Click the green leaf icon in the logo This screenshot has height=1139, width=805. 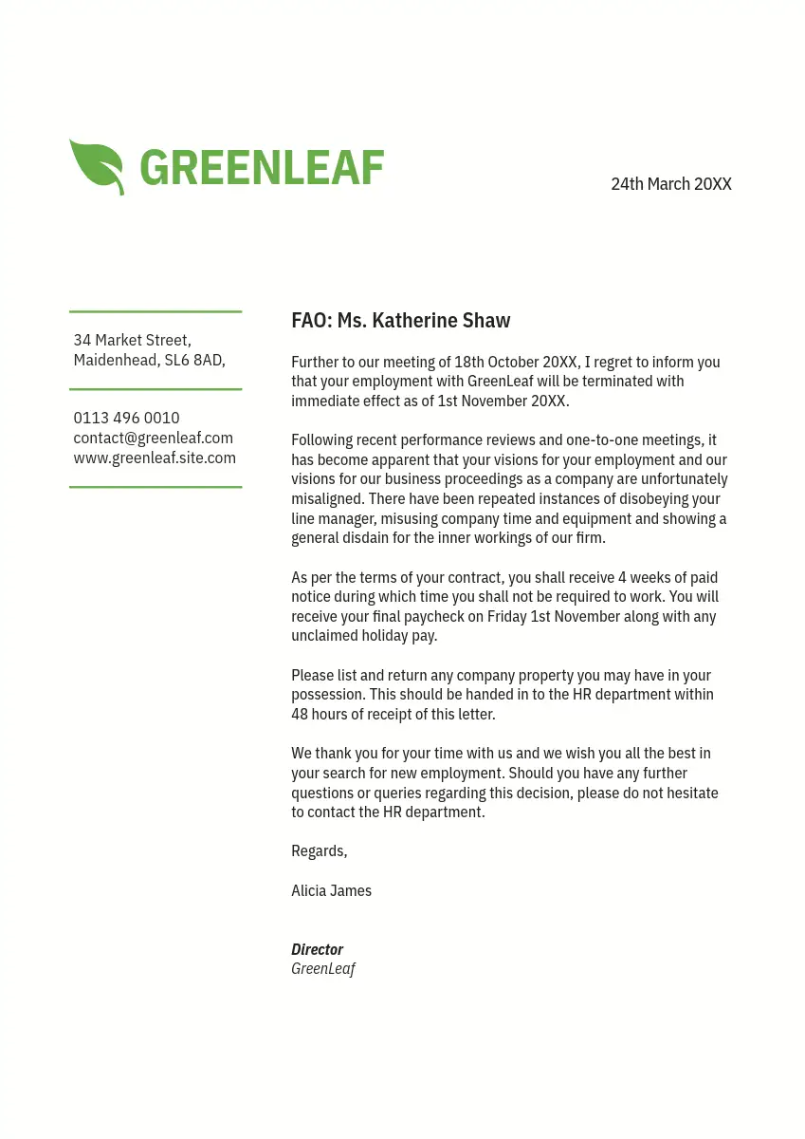pyautogui.click(x=97, y=166)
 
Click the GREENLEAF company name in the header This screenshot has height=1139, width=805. pyautogui.click(x=262, y=168)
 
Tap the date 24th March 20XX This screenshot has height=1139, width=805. pyautogui.click(x=670, y=184)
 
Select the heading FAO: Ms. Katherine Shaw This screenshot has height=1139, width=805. pyautogui.click(x=400, y=321)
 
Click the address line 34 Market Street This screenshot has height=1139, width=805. pyautogui.click(x=132, y=340)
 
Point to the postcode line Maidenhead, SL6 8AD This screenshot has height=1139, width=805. pyautogui.click(x=149, y=360)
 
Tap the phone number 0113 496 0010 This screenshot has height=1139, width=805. pyautogui.click(x=126, y=418)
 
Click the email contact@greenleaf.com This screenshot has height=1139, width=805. pyautogui.click(x=153, y=438)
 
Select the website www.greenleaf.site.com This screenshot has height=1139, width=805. pyautogui.click(x=155, y=457)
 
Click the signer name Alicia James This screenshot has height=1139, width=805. pyautogui.click(x=331, y=890)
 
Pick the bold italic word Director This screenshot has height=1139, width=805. pyautogui.click(x=317, y=949)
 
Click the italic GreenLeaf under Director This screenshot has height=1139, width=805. pyautogui.click(x=322, y=968)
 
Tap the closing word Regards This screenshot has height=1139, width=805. pyautogui.click(x=319, y=851)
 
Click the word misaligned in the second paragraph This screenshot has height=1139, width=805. pyautogui.click(x=327, y=499)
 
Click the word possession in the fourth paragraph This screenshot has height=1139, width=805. pyautogui.click(x=328, y=695)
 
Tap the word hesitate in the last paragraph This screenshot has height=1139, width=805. pyautogui.click(x=688, y=793)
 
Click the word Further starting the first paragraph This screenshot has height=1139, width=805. pyautogui.click(x=316, y=363)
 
